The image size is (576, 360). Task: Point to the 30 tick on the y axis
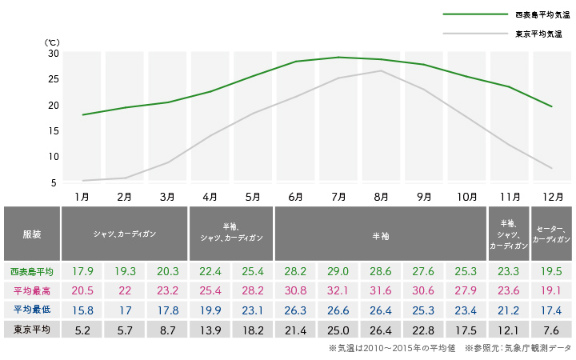click(x=54, y=54)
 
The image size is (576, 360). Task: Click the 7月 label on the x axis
click(x=338, y=196)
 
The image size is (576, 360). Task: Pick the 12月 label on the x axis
click(x=550, y=196)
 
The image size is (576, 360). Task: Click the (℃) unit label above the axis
click(x=52, y=42)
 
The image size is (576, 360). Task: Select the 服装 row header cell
click(x=31, y=234)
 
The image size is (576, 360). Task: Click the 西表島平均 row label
click(x=31, y=270)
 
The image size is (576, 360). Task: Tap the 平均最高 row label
click(x=31, y=290)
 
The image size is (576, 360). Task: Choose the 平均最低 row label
click(x=31, y=309)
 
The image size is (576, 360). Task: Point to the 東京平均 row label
click(x=31, y=328)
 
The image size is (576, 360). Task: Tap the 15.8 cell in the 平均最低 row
click(x=82, y=309)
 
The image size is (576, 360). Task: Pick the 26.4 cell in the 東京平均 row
click(x=381, y=328)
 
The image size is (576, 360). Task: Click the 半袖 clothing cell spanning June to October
click(x=381, y=234)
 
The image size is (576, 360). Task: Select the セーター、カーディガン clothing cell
click(x=550, y=234)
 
